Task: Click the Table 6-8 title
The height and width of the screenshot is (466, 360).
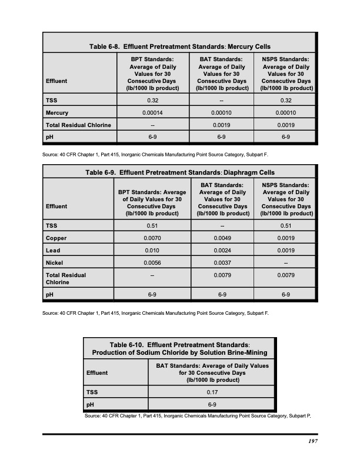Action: pos(179,46)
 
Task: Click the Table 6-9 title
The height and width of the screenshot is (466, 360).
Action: pos(179,172)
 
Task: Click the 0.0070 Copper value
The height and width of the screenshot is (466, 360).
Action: pos(153,238)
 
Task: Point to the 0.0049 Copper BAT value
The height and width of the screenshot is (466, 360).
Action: pos(222,238)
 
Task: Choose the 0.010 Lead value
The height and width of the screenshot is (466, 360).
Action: pos(153,250)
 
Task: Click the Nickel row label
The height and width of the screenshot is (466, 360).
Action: pos(55,262)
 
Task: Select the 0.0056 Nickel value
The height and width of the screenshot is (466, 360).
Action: pos(153,262)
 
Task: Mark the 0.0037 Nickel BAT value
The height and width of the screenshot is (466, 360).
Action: pos(222,262)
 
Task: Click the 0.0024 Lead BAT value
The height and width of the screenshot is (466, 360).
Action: pos(222,250)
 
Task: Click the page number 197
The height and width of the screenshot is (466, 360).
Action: pos(312,443)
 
